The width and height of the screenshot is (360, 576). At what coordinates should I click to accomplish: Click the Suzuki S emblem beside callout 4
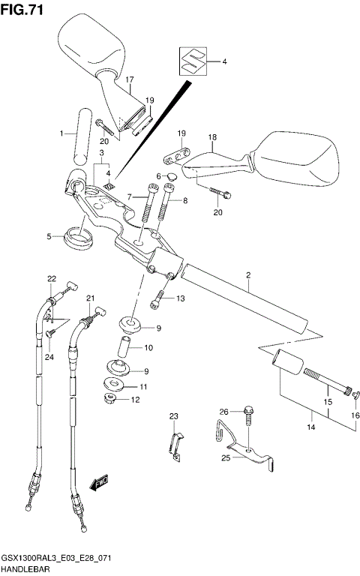192,60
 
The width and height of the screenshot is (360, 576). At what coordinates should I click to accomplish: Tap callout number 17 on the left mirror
129,79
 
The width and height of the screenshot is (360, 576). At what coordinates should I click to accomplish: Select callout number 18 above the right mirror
212,138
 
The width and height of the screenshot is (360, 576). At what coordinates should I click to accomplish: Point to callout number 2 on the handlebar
247,276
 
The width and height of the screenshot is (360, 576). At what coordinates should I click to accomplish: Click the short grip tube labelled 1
80,135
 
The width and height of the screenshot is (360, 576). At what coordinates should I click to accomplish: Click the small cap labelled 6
170,178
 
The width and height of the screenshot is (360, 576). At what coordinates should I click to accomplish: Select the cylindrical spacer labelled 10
126,348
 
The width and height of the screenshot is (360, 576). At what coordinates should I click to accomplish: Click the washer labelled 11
113,386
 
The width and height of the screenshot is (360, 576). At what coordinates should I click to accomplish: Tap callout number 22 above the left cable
52,279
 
